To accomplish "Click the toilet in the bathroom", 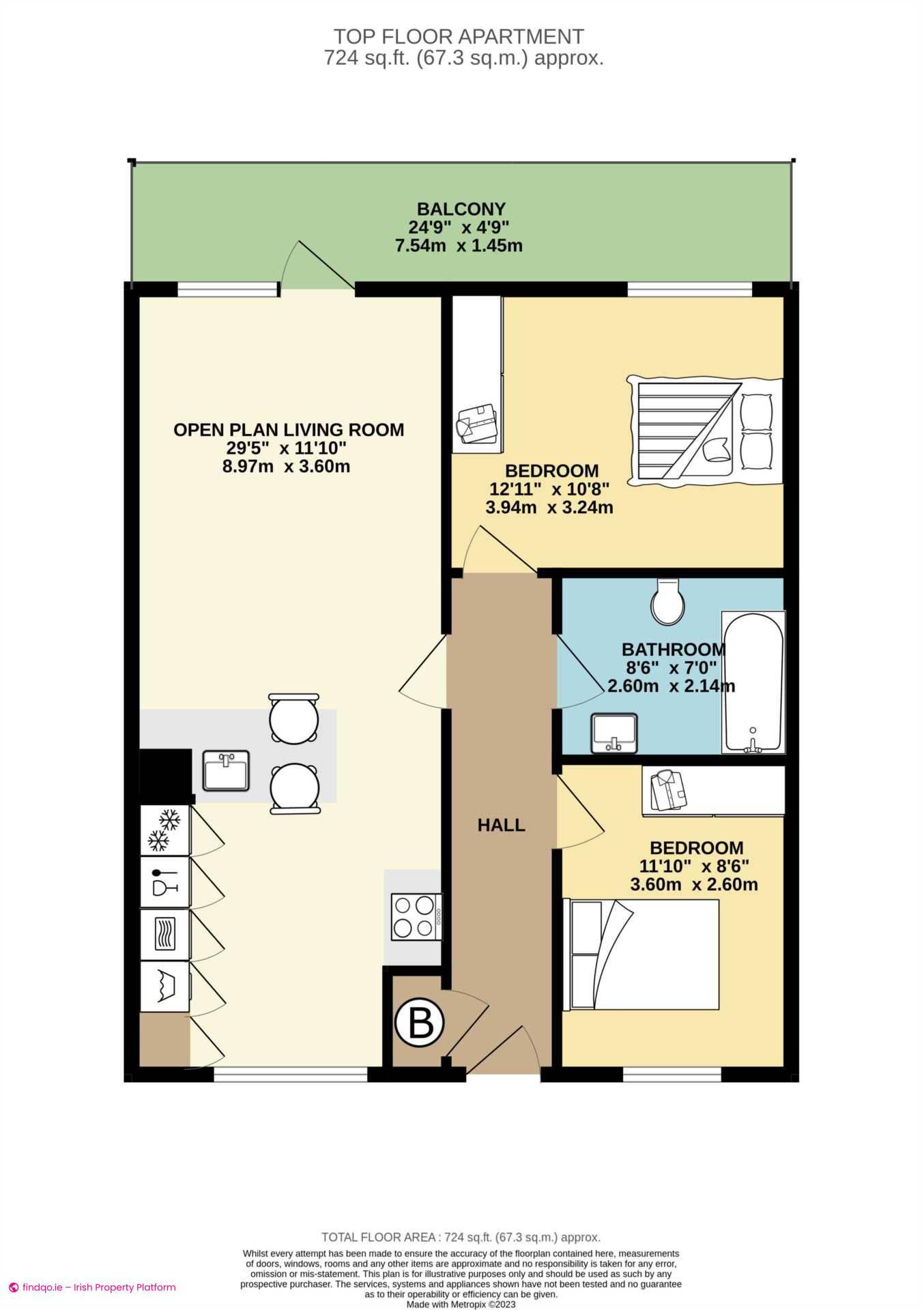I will click(667, 602).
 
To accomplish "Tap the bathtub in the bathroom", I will click(753, 682).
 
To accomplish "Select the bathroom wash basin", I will click(614, 733).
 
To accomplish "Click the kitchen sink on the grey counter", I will click(226, 771).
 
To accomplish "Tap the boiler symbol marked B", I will click(419, 1023).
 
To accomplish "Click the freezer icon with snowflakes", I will click(164, 830).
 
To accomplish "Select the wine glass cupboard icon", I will click(164, 882).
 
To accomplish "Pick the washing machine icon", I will click(164, 986).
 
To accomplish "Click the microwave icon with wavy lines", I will click(164, 933).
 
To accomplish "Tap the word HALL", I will click(501, 825).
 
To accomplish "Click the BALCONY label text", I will click(461, 209).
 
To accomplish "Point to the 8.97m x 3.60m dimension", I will click(286, 467).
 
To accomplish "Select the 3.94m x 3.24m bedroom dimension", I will click(549, 508).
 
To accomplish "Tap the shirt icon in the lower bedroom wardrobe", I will click(668, 789).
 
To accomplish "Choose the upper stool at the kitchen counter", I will click(293, 718).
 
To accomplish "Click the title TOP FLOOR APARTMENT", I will click(459, 36).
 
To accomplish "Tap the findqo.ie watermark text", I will click(99, 1287).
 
